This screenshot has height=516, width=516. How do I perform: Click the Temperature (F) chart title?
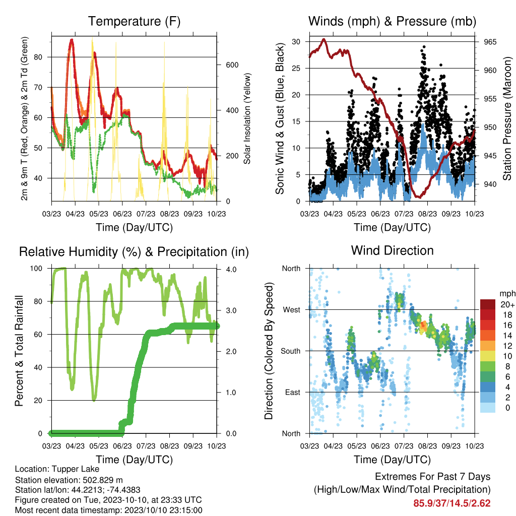[134, 21]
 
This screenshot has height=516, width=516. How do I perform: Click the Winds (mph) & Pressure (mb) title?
[392, 21]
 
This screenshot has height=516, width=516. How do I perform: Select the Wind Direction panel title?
[392, 250]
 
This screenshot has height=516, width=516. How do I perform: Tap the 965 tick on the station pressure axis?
[490, 42]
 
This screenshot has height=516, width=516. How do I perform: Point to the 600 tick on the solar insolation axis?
[232, 65]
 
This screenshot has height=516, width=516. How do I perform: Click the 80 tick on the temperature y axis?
[38, 57]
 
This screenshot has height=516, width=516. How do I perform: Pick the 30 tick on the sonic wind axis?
[296, 41]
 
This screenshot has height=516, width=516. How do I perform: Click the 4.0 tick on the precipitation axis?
[231, 270]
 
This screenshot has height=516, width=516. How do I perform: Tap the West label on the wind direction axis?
[291, 310]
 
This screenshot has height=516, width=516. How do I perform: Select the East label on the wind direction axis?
[293, 392]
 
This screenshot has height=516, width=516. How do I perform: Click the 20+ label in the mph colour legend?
[507, 305]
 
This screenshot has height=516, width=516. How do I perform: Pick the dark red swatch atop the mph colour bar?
[488, 304]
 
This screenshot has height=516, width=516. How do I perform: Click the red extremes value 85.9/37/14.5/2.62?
[452, 503]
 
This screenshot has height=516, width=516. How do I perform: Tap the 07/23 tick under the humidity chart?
[146, 446]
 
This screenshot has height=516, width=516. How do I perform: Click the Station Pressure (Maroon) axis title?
[507, 118]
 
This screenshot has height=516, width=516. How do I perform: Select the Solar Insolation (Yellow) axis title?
[247, 118]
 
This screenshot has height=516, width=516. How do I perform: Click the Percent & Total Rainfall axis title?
[19, 351]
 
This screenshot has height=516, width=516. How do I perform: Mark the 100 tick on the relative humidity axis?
[36, 268]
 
